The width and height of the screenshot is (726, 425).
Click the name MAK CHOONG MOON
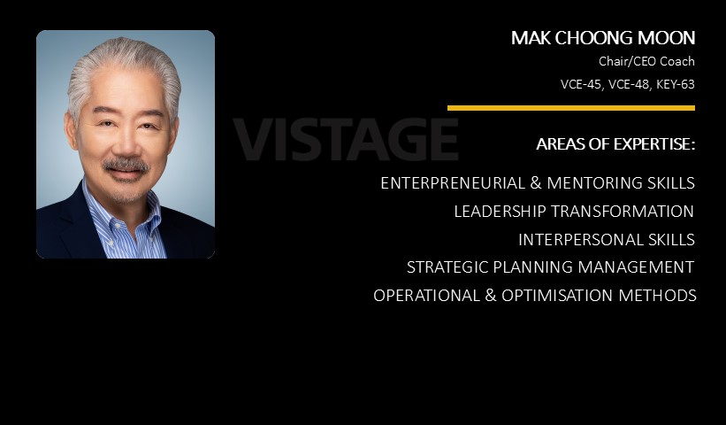point(603,38)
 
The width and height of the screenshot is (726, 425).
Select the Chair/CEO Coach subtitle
point(646,61)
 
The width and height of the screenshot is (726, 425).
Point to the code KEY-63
point(675,84)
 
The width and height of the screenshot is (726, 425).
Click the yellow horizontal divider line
point(571,108)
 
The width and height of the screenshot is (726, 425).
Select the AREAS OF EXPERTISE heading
point(615,144)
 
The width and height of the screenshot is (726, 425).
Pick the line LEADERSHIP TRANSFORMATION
point(574,212)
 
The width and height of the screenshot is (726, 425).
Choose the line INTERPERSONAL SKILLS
point(607,240)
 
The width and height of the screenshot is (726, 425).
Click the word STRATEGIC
point(447,267)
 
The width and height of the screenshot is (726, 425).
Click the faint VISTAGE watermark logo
point(346,139)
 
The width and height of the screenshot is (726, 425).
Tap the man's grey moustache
point(126,165)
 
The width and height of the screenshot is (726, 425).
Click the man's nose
point(124,144)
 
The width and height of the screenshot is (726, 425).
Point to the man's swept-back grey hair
point(124,65)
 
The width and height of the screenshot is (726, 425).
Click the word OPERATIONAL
point(426,295)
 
